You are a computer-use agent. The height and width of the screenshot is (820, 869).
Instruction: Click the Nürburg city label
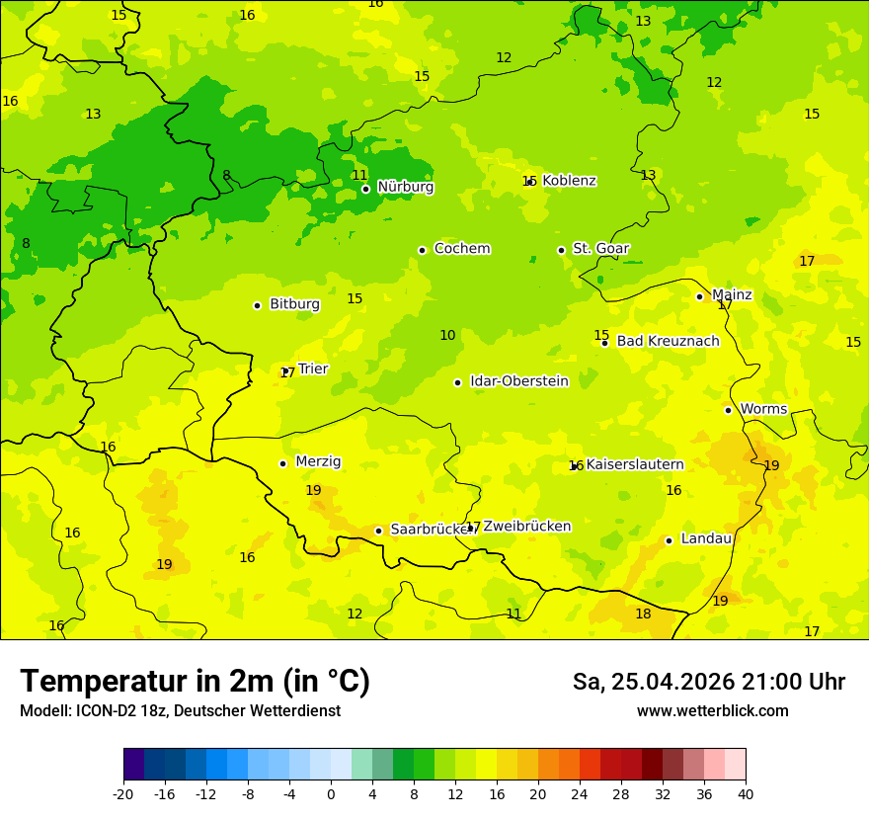(405, 187)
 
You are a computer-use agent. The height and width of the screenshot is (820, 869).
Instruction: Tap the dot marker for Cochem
(422, 250)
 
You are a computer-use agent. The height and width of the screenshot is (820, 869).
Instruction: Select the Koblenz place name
(569, 181)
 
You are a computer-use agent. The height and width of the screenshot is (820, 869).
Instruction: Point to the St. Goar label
(600, 249)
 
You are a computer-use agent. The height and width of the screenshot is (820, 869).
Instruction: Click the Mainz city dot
(699, 296)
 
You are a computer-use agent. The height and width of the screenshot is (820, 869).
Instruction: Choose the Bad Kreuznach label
(668, 342)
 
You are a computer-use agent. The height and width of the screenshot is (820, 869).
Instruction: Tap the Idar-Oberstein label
(518, 381)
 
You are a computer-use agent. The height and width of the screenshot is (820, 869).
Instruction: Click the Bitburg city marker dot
(257, 305)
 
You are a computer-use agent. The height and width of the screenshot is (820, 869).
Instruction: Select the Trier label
(313, 369)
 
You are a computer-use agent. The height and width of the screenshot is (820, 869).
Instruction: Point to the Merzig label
(318, 462)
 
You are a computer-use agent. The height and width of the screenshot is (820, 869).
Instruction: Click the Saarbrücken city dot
(378, 531)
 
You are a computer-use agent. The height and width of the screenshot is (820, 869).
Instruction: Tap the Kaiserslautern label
(635, 464)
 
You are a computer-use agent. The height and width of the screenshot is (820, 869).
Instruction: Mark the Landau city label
(706, 539)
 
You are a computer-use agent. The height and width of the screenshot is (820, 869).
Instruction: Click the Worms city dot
(728, 410)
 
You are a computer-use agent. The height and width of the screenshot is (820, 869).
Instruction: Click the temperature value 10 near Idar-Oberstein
(447, 336)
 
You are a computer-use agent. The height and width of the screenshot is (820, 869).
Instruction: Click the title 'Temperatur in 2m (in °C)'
(195, 682)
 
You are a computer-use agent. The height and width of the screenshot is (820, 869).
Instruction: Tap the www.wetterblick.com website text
(712, 711)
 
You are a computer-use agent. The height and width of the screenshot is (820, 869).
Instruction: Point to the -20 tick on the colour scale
(123, 793)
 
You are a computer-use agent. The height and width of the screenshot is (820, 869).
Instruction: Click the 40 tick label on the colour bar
(746, 793)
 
